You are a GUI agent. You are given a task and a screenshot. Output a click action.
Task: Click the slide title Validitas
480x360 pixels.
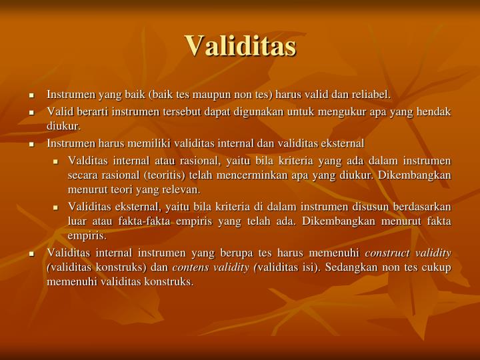click(x=240, y=45)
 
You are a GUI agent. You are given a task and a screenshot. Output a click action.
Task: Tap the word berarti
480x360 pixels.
click(x=88, y=111)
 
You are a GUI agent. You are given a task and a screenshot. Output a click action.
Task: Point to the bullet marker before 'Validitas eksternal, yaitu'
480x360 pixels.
click(x=57, y=207)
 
